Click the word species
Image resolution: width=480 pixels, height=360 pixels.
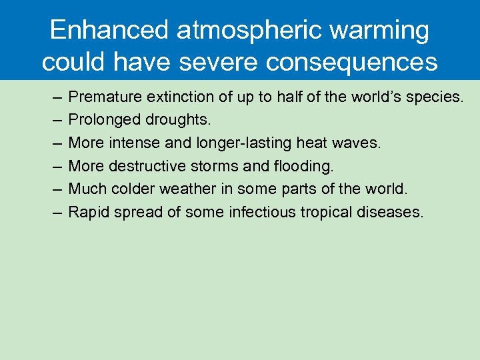pyautogui.click(x=433, y=97)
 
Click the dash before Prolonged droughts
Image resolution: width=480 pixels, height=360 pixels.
pyautogui.click(x=57, y=120)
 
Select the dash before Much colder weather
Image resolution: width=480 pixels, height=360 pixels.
pyautogui.click(x=57, y=189)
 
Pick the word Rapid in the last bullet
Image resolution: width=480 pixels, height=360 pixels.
pyautogui.click(x=87, y=212)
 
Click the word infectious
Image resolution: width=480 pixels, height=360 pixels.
pyautogui.click(x=261, y=212)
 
